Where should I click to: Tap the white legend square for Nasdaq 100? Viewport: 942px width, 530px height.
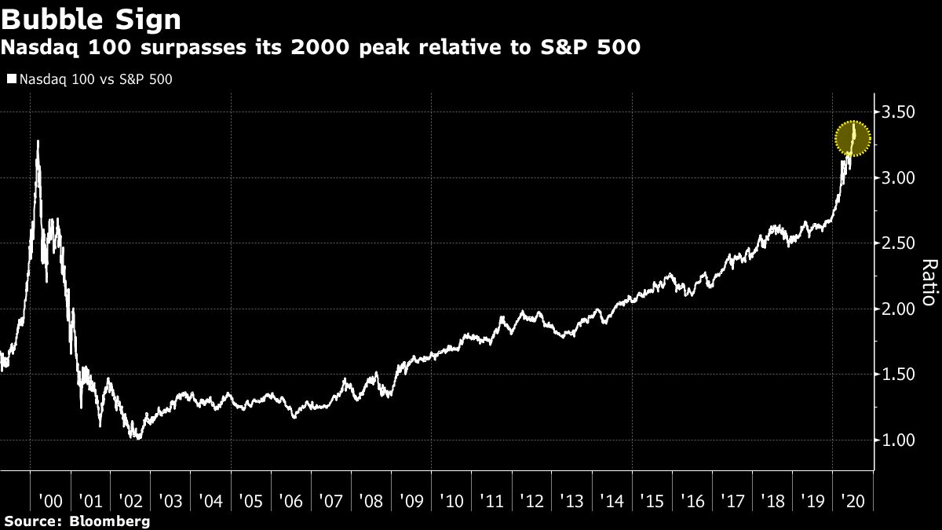11,79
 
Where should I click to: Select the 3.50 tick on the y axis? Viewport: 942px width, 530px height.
896,112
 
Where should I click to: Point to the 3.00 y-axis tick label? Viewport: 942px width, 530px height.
896,178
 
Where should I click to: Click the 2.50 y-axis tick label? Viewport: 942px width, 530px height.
896,243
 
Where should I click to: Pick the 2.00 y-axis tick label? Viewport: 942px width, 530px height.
896,309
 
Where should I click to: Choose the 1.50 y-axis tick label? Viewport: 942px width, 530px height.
896,375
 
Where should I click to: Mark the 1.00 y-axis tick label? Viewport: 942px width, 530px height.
896,440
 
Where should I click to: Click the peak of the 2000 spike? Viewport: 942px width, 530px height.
38,142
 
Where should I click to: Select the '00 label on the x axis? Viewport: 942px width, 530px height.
50,500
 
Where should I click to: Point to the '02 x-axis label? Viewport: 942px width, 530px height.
130,500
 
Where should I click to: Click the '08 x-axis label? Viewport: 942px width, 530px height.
371,500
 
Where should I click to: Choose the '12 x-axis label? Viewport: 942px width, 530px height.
531,500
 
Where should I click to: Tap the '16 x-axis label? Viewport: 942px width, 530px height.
692,500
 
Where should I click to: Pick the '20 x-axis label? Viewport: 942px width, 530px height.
852,500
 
